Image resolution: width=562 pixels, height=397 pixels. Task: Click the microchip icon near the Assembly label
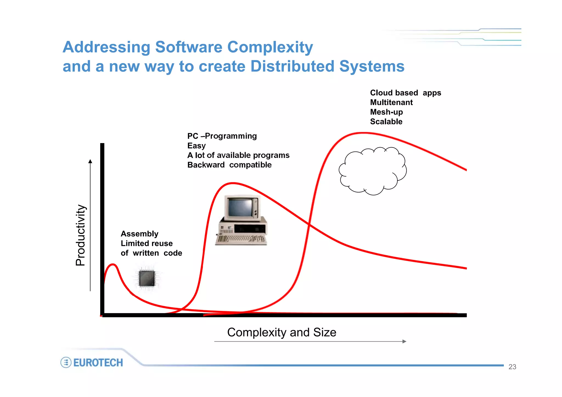click(x=147, y=278)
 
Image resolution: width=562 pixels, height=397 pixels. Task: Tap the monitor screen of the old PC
click(x=240, y=208)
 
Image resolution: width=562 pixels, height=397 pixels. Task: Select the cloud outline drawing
click(x=373, y=171)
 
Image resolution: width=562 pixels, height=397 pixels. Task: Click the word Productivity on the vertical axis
click(x=81, y=235)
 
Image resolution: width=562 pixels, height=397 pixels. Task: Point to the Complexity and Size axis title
click(x=282, y=332)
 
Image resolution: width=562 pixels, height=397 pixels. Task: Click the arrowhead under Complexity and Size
click(x=404, y=341)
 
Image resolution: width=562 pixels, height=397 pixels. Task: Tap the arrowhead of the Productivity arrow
click(x=90, y=161)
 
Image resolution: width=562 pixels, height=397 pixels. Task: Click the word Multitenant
click(x=391, y=103)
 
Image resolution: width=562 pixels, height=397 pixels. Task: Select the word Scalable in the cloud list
click(x=386, y=122)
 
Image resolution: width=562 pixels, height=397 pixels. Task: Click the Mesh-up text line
click(x=386, y=112)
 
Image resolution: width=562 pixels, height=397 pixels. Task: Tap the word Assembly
click(x=139, y=234)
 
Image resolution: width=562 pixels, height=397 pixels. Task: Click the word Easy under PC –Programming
click(x=196, y=146)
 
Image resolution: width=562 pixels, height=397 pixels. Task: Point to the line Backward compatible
click(x=229, y=165)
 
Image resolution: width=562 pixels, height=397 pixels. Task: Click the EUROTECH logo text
click(x=98, y=362)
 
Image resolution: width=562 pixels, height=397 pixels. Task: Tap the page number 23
click(x=512, y=367)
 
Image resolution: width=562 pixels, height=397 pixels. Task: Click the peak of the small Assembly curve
click(x=113, y=265)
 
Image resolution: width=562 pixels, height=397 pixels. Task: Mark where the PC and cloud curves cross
click(x=309, y=225)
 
